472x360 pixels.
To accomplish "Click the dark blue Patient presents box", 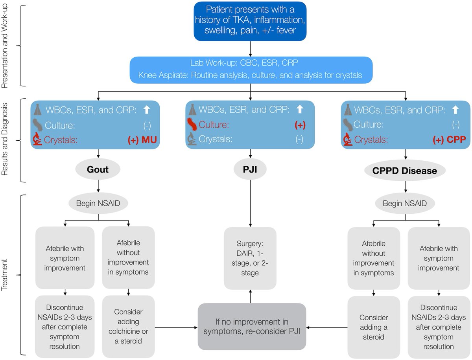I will tap(250, 21).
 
